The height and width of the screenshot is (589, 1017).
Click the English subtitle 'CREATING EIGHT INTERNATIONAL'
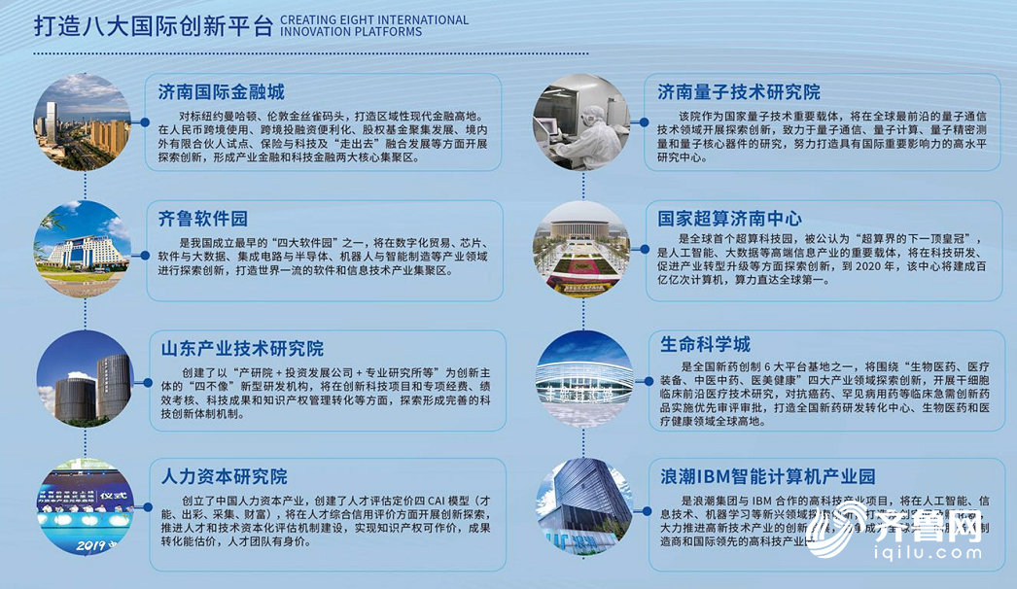point(375,19)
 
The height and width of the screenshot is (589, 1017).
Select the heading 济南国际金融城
point(221,92)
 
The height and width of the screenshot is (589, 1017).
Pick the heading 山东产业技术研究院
point(240,349)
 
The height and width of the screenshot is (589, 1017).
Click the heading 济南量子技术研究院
point(738,92)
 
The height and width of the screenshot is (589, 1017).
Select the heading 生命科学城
point(704,344)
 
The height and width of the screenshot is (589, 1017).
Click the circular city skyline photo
point(82,121)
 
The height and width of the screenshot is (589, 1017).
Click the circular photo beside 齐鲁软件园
point(82,249)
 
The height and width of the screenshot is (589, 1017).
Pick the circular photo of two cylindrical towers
point(82,378)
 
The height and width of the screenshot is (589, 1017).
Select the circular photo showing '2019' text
point(82,506)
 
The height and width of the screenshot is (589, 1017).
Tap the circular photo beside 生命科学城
point(582,378)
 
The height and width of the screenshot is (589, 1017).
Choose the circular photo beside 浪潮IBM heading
point(582,506)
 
